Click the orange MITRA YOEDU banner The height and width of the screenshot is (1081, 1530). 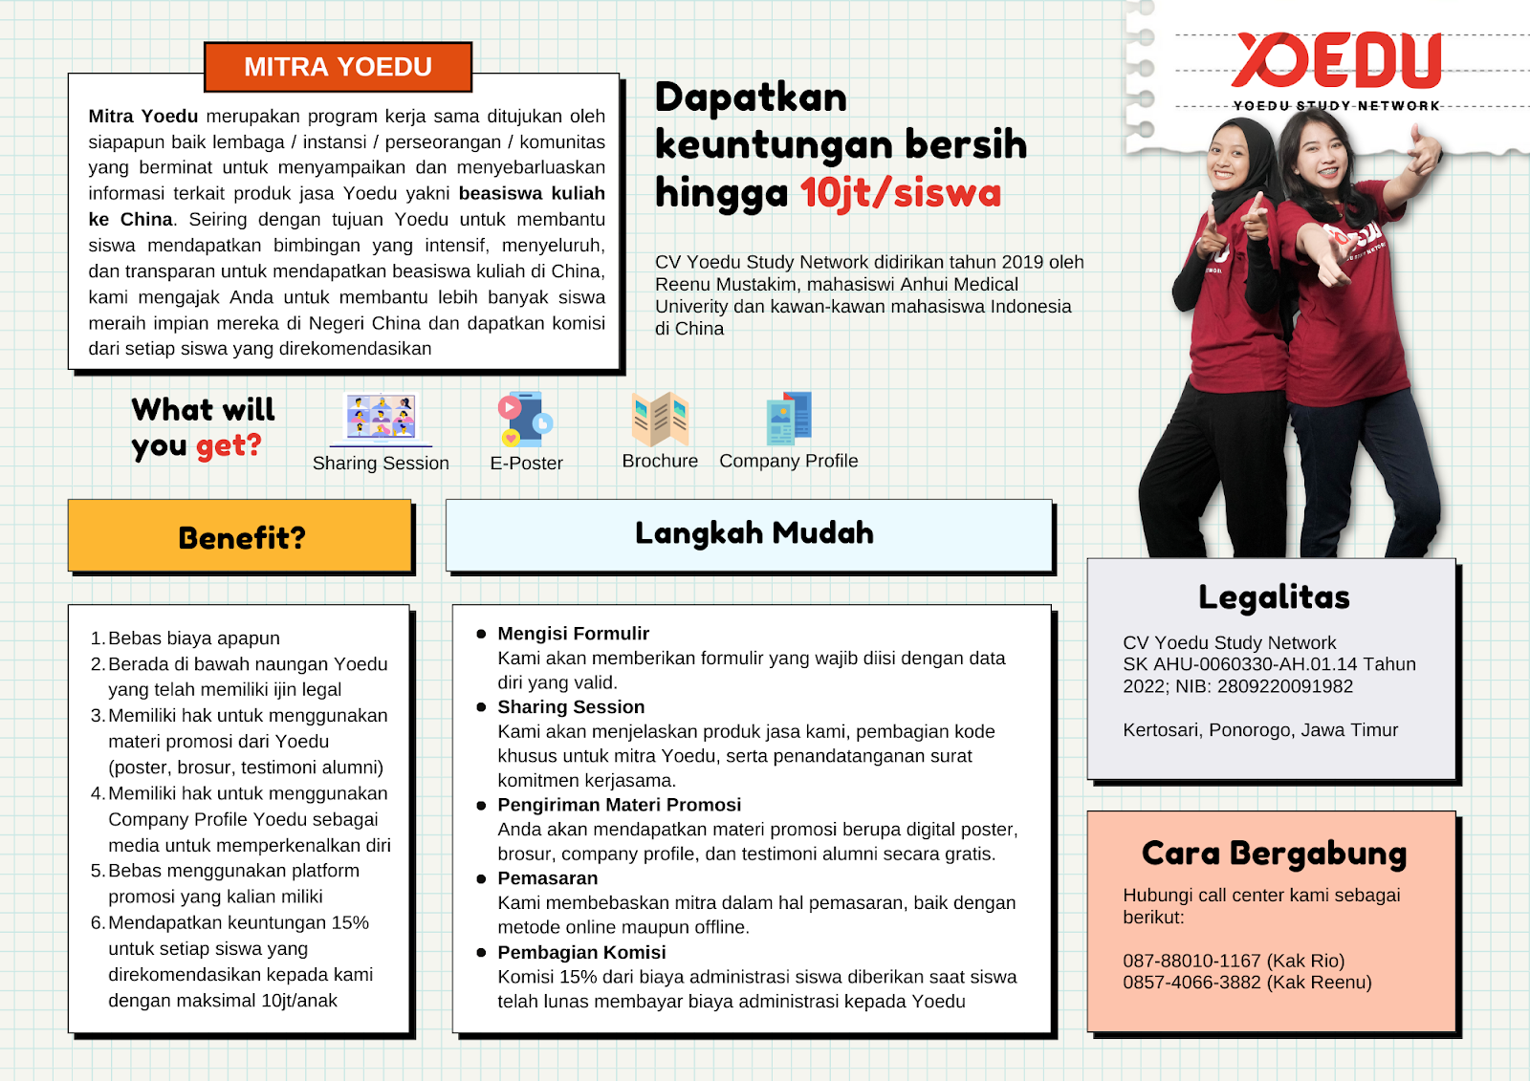[338, 67]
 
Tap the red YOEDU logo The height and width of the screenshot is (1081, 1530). [1336, 60]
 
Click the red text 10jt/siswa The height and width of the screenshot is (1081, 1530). [900, 193]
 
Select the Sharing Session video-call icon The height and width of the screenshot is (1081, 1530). [381, 418]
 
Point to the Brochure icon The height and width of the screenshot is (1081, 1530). [660, 419]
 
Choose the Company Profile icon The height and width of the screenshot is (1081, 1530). [789, 418]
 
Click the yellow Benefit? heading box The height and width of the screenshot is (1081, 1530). [240, 536]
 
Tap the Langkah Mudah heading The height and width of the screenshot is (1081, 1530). [754, 532]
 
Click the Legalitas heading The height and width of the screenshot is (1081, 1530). [1274, 597]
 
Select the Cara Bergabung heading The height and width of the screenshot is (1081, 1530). [1274, 853]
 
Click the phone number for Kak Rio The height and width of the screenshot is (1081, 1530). [1191, 961]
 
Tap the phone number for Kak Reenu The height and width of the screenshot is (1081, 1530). [1191, 983]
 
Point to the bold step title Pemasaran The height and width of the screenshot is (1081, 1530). [547, 878]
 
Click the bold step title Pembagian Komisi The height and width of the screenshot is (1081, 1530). [581, 952]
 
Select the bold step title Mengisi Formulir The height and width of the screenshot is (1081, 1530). [573, 634]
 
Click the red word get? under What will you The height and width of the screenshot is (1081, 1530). [229, 446]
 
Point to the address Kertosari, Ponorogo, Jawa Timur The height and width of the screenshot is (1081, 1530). [1259, 730]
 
